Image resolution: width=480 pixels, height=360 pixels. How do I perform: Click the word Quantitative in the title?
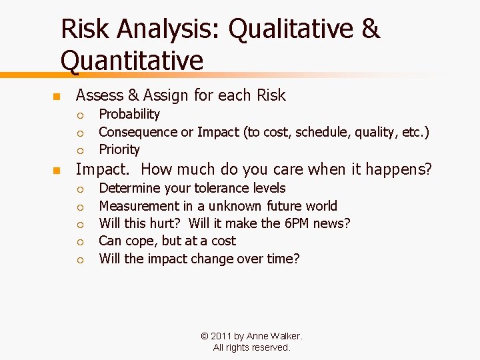click(x=131, y=60)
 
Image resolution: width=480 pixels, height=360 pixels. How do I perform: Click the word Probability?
click(x=129, y=115)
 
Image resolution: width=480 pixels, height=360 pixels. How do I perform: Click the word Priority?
click(x=119, y=149)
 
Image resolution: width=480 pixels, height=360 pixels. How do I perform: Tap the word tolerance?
click(x=199, y=189)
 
